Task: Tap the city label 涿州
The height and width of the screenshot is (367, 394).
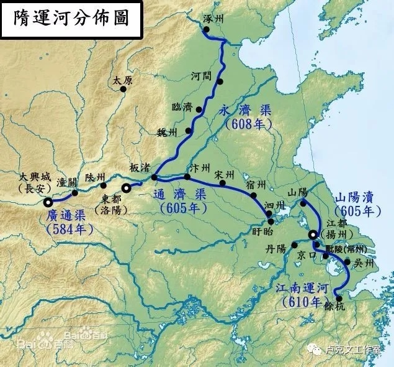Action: (x=214, y=19)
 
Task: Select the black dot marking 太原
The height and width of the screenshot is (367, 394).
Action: (x=123, y=90)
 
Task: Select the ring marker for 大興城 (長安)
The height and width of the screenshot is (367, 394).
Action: (x=48, y=202)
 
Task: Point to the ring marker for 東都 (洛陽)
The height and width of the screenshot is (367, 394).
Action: (x=126, y=187)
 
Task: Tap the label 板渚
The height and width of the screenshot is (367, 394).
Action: (x=140, y=168)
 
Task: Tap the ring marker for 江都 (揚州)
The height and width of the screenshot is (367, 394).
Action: (x=313, y=235)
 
